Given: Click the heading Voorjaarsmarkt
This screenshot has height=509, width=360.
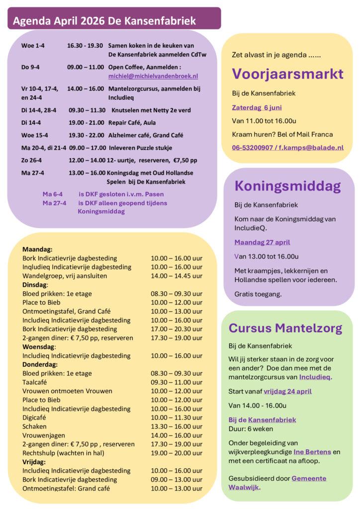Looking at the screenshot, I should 287,74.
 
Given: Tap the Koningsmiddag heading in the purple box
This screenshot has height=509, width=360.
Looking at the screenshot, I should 287,186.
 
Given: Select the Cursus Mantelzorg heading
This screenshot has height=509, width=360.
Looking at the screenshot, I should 285,328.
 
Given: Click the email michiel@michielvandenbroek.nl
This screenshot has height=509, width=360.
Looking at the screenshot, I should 153,76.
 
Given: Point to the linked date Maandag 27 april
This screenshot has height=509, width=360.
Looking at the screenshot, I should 262,243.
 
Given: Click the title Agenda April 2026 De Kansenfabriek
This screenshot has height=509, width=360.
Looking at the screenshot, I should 104,21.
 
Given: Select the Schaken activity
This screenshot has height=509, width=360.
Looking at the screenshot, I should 34,426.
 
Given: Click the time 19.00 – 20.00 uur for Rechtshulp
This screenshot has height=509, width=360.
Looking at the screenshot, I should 177,453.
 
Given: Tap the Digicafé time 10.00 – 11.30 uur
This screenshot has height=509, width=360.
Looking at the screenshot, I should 177,418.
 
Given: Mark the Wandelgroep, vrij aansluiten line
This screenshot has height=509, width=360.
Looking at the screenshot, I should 63,276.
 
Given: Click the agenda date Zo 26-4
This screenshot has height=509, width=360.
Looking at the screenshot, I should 33,160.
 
